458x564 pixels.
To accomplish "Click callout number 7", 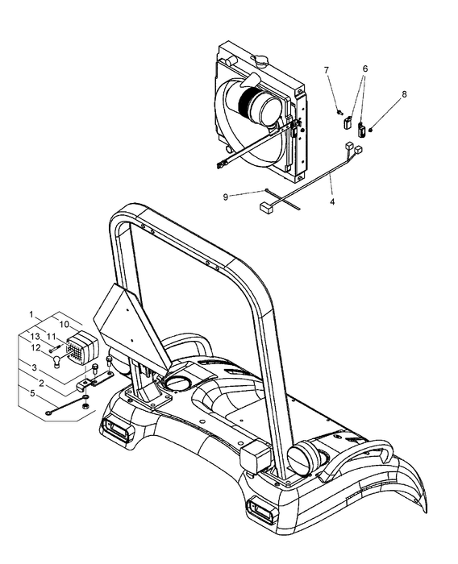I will (x=327, y=71).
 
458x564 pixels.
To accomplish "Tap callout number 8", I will (x=404, y=93).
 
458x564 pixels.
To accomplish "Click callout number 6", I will (x=364, y=69).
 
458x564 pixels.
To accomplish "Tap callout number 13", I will (x=35, y=336).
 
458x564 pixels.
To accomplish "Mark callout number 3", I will (x=35, y=367).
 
